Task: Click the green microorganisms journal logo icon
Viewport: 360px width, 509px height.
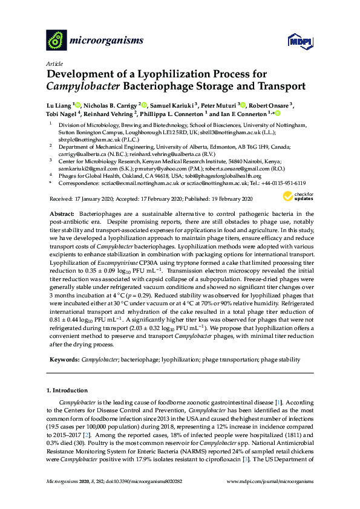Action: [57, 40]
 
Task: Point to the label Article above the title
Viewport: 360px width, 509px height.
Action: [54, 62]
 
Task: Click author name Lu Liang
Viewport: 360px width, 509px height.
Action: [59, 105]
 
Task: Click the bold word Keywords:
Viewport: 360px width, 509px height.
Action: [64, 360]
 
